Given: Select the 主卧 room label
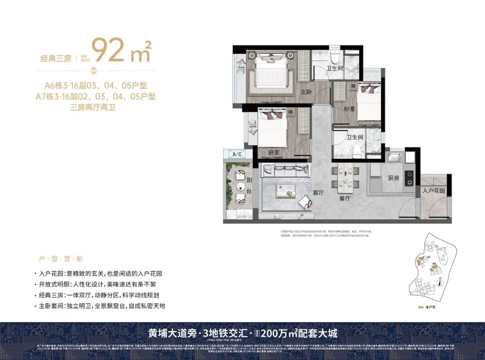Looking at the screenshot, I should click(x=306, y=92).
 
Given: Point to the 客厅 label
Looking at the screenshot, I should click(x=318, y=193).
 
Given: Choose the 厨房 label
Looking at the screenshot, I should click(x=393, y=178).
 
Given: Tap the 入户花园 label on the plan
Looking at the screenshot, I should click(x=434, y=190).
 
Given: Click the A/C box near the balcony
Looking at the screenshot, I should click(x=238, y=154).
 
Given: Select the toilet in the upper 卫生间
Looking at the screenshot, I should click(x=335, y=58).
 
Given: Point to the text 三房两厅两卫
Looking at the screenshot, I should click(x=93, y=107).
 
